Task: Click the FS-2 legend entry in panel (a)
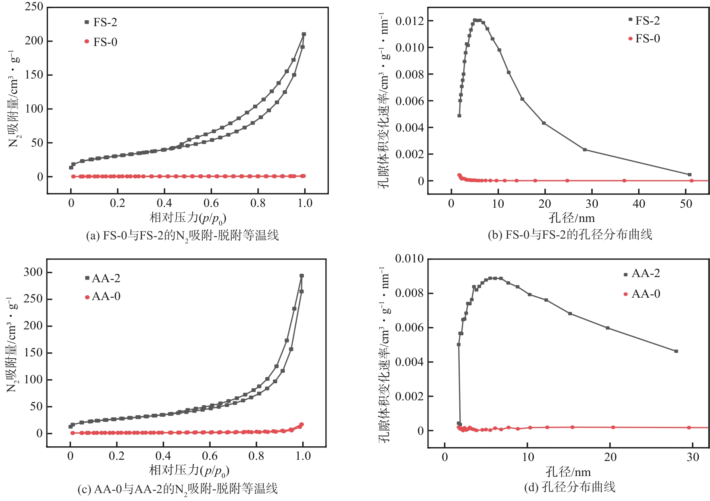(x=102, y=22)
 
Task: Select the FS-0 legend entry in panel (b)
(x=644, y=38)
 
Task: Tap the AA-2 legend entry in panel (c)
(x=103, y=278)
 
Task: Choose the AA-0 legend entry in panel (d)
(x=642, y=294)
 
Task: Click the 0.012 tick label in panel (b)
(x=409, y=21)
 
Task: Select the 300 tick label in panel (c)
(x=33, y=272)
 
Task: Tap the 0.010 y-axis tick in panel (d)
(x=409, y=259)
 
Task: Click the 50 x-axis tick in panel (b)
(x=686, y=204)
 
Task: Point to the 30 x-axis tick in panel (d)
(x=693, y=457)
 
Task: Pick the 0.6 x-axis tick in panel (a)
(x=211, y=203)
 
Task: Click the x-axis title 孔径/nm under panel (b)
(x=572, y=218)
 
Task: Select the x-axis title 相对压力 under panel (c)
(x=189, y=470)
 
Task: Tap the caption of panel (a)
(x=182, y=236)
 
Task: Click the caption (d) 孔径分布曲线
(x=570, y=487)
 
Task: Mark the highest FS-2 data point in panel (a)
(x=304, y=34)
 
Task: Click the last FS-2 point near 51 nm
(x=689, y=174)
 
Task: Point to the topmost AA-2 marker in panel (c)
(x=301, y=276)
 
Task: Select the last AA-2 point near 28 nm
(x=676, y=351)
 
